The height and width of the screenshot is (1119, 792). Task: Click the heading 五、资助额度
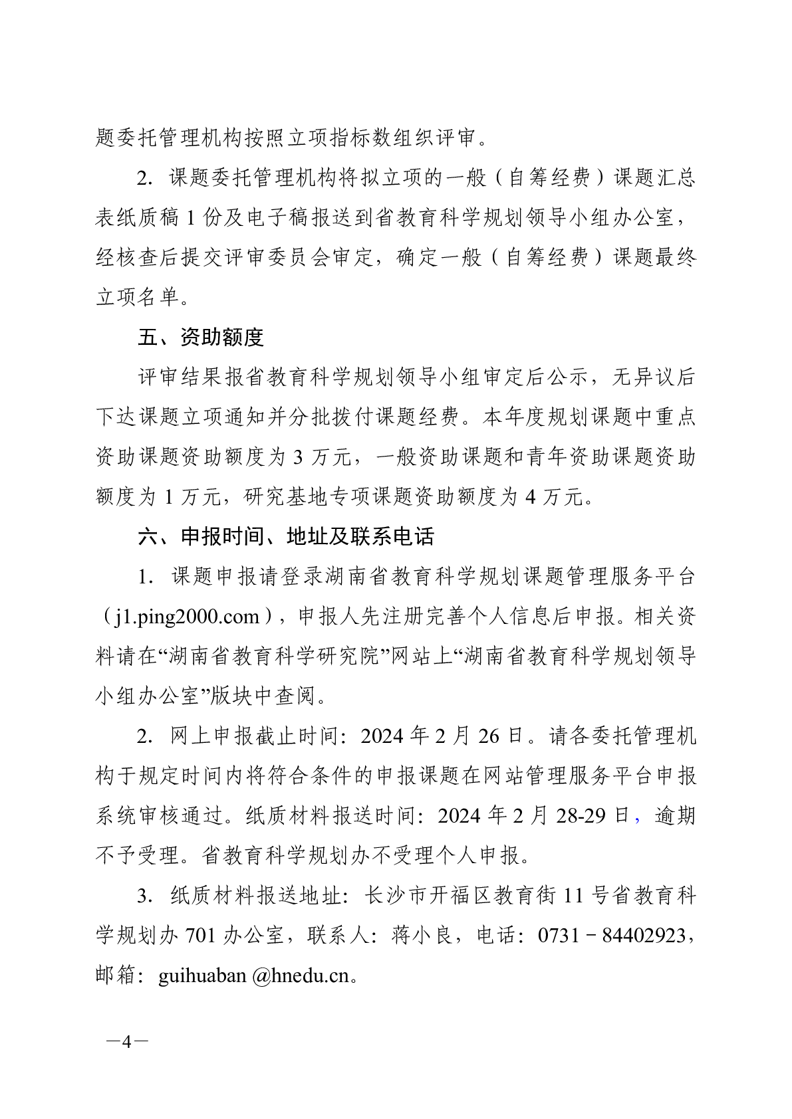click(x=200, y=338)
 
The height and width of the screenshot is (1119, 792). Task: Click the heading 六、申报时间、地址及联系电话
click(x=285, y=536)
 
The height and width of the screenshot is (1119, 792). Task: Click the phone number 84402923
click(x=642, y=936)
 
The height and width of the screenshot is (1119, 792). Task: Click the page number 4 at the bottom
click(x=126, y=1042)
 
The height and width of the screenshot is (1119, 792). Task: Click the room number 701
click(x=200, y=936)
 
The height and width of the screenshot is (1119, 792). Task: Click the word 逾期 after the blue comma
click(x=674, y=816)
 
